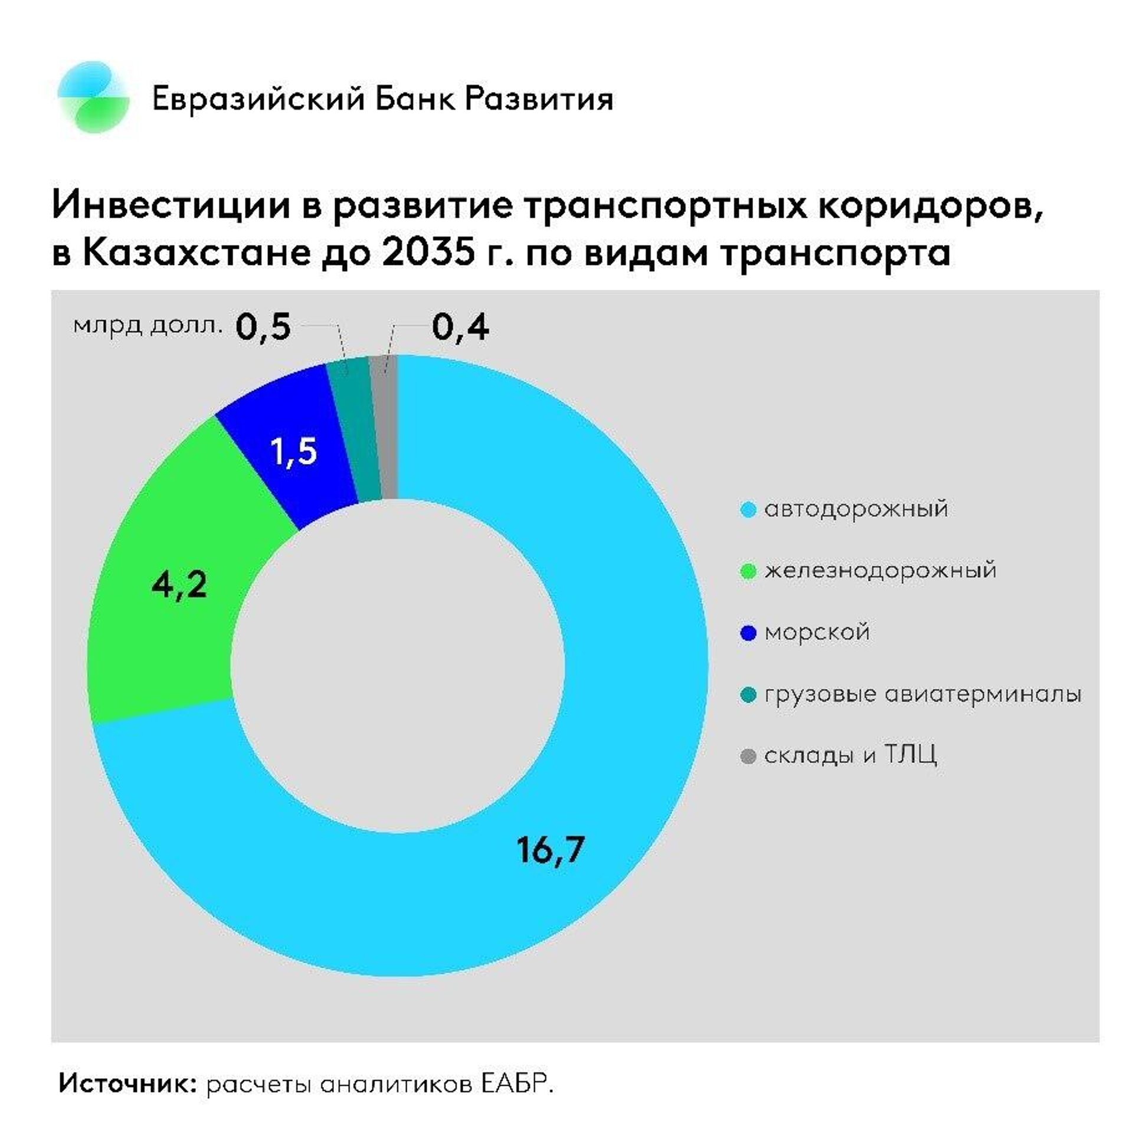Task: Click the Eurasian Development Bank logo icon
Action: tap(93, 97)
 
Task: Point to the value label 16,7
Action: tap(550, 850)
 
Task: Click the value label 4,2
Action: tap(179, 585)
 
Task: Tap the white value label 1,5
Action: tap(293, 452)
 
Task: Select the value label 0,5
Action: tap(263, 328)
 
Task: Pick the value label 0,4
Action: tap(460, 328)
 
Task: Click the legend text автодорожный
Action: tap(856, 509)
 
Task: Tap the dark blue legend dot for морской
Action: tap(748, 634)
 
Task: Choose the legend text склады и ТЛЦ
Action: tap(850, 756)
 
